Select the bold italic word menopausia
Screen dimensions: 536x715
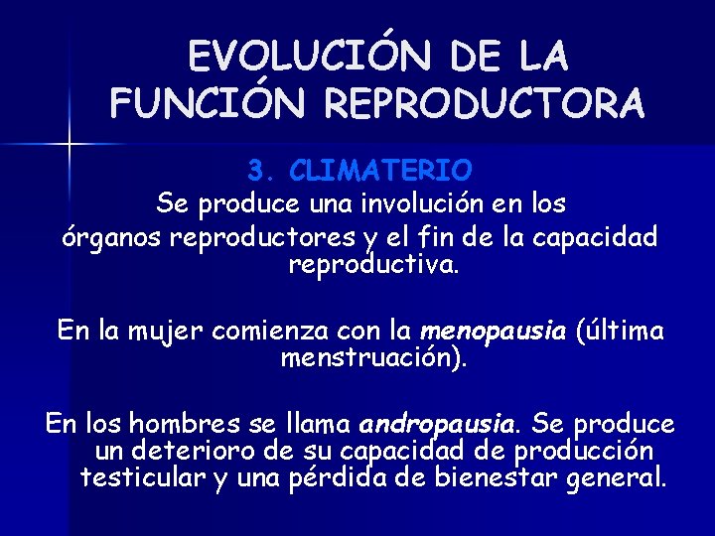494,331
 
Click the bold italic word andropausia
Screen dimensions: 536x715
438,425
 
